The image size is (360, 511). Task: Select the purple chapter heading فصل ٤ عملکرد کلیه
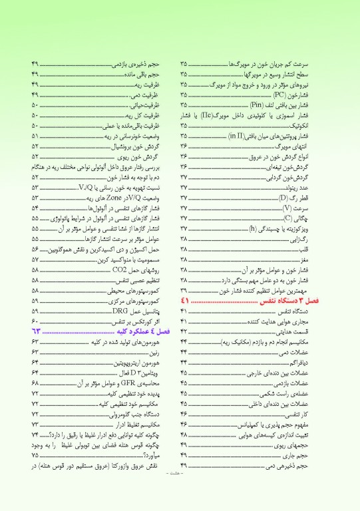click(x=136, y=331)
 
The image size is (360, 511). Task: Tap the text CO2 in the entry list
click(x=120, y=270)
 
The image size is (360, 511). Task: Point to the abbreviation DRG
click(x=119, y=311)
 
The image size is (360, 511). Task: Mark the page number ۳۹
click(x=184, y=291)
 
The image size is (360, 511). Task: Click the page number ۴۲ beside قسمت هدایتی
click(x=184, y=331)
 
